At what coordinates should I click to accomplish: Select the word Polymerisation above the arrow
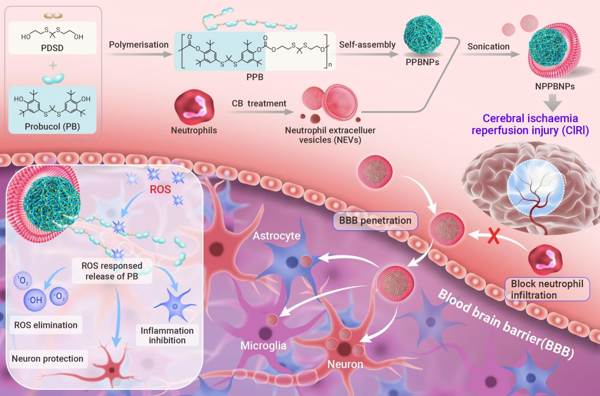139,44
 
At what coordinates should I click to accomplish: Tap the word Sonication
488,46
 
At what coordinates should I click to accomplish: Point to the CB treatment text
259,103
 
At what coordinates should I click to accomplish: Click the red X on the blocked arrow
494,236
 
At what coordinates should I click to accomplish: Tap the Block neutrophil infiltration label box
547,289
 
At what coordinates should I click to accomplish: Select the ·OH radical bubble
35,300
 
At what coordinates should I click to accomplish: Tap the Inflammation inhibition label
167,335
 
